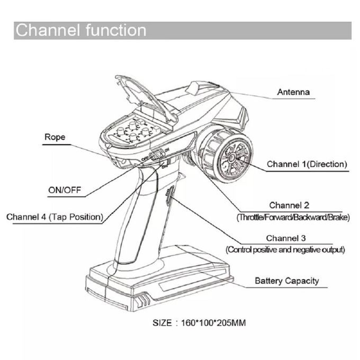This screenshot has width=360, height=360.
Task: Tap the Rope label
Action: [55, 137]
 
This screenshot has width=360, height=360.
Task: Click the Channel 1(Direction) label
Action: [307, 165]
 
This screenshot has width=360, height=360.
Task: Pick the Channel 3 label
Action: [286, 238]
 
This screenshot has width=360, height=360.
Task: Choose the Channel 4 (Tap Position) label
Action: [55, 217]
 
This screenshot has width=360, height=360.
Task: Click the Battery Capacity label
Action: [287, 281]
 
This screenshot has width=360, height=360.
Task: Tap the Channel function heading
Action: [80, 30]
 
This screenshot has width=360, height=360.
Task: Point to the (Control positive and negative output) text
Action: [286, 249]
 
